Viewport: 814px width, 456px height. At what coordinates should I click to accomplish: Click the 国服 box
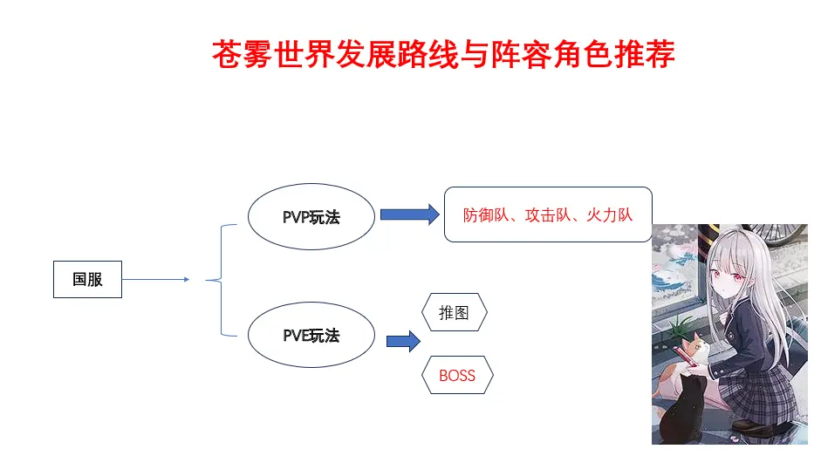coord(87,280)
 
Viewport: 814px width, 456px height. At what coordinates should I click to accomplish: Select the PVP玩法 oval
coord(311,217)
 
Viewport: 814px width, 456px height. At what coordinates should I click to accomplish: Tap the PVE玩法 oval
coord(311,336)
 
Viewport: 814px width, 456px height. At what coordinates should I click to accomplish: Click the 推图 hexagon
coord(454,313)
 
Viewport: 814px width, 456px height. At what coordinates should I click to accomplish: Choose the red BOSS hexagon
coord(457,376)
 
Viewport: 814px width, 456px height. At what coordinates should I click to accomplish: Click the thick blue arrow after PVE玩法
coord(403,340)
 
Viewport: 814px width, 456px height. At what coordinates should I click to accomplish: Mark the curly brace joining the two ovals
coord(222,280)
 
